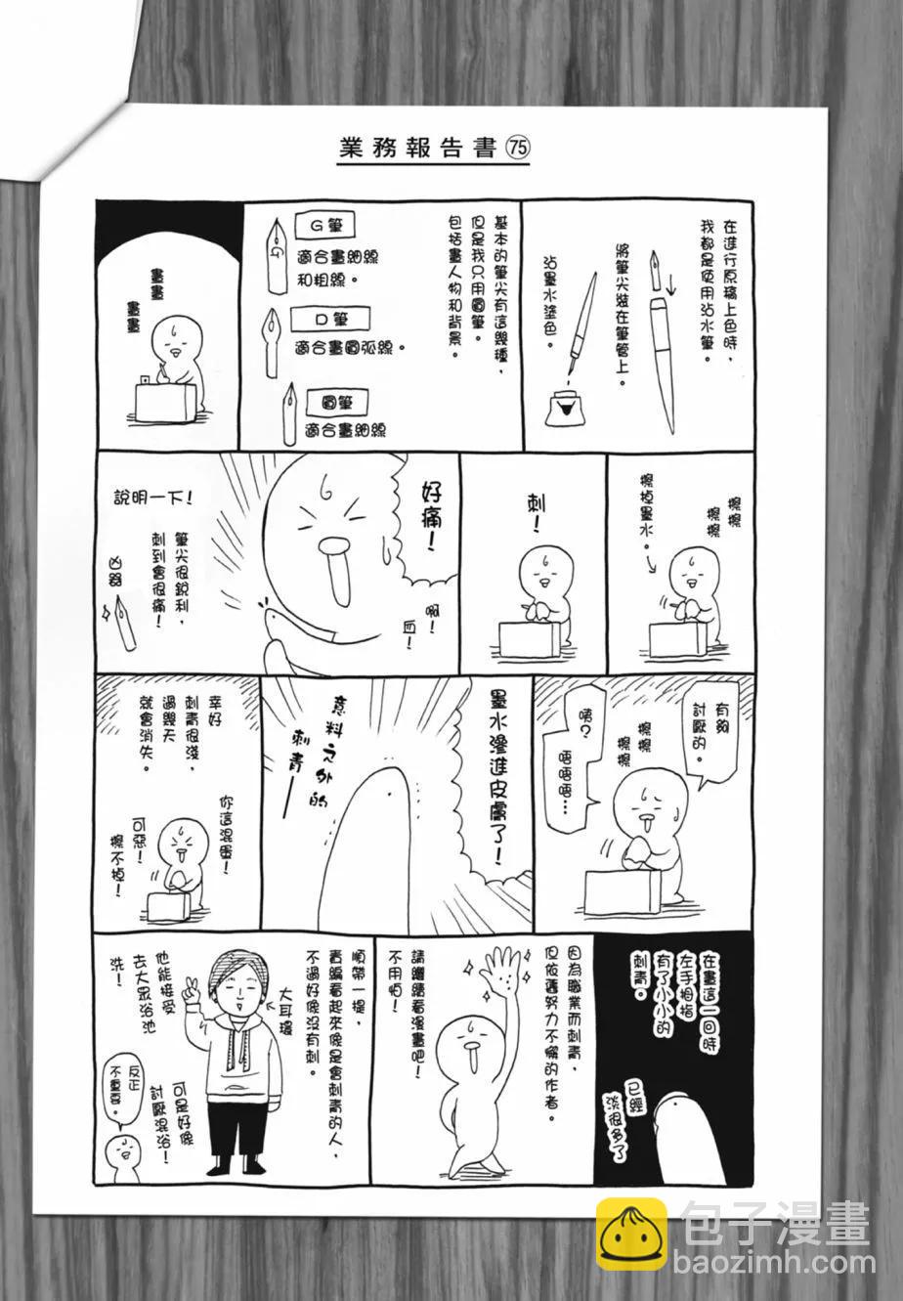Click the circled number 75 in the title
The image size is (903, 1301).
click(518, 149)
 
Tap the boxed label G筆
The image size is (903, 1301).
click(324, 226)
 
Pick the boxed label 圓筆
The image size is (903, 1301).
click(336, 403)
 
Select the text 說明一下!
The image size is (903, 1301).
click(152, 498)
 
